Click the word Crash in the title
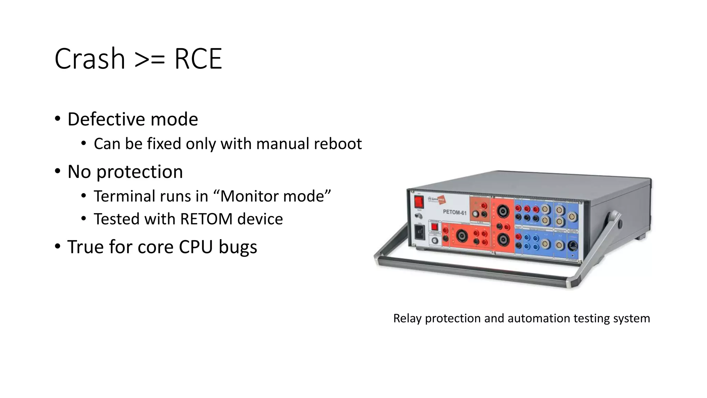click(x=89, y=59)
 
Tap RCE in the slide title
click(x=198, y=59)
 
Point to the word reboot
click(x=338, y=144)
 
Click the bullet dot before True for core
click(x=57, y=246)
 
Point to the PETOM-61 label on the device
click(x=454, y=212)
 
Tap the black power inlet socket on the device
click(x=419, y=233)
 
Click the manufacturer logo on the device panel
click(x=437, y=200)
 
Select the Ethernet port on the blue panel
click(x=573, y=246)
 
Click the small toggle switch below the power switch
click(x=419, y=216)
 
